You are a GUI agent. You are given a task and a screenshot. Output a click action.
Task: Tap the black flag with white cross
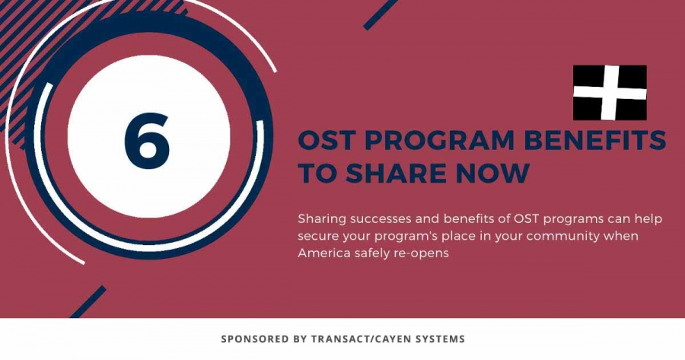coord(610,93)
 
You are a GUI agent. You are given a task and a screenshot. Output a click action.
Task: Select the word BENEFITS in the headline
coord(595,140)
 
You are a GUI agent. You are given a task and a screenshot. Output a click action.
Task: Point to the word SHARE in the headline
coord(397,173)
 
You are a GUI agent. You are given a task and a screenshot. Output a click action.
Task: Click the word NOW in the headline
coord(492,173)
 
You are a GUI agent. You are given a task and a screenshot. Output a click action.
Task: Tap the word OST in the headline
coord(327,140)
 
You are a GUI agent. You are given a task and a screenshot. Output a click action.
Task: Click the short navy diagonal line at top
coord(380,14)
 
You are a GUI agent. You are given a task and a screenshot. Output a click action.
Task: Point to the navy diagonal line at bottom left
coord(88,302)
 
